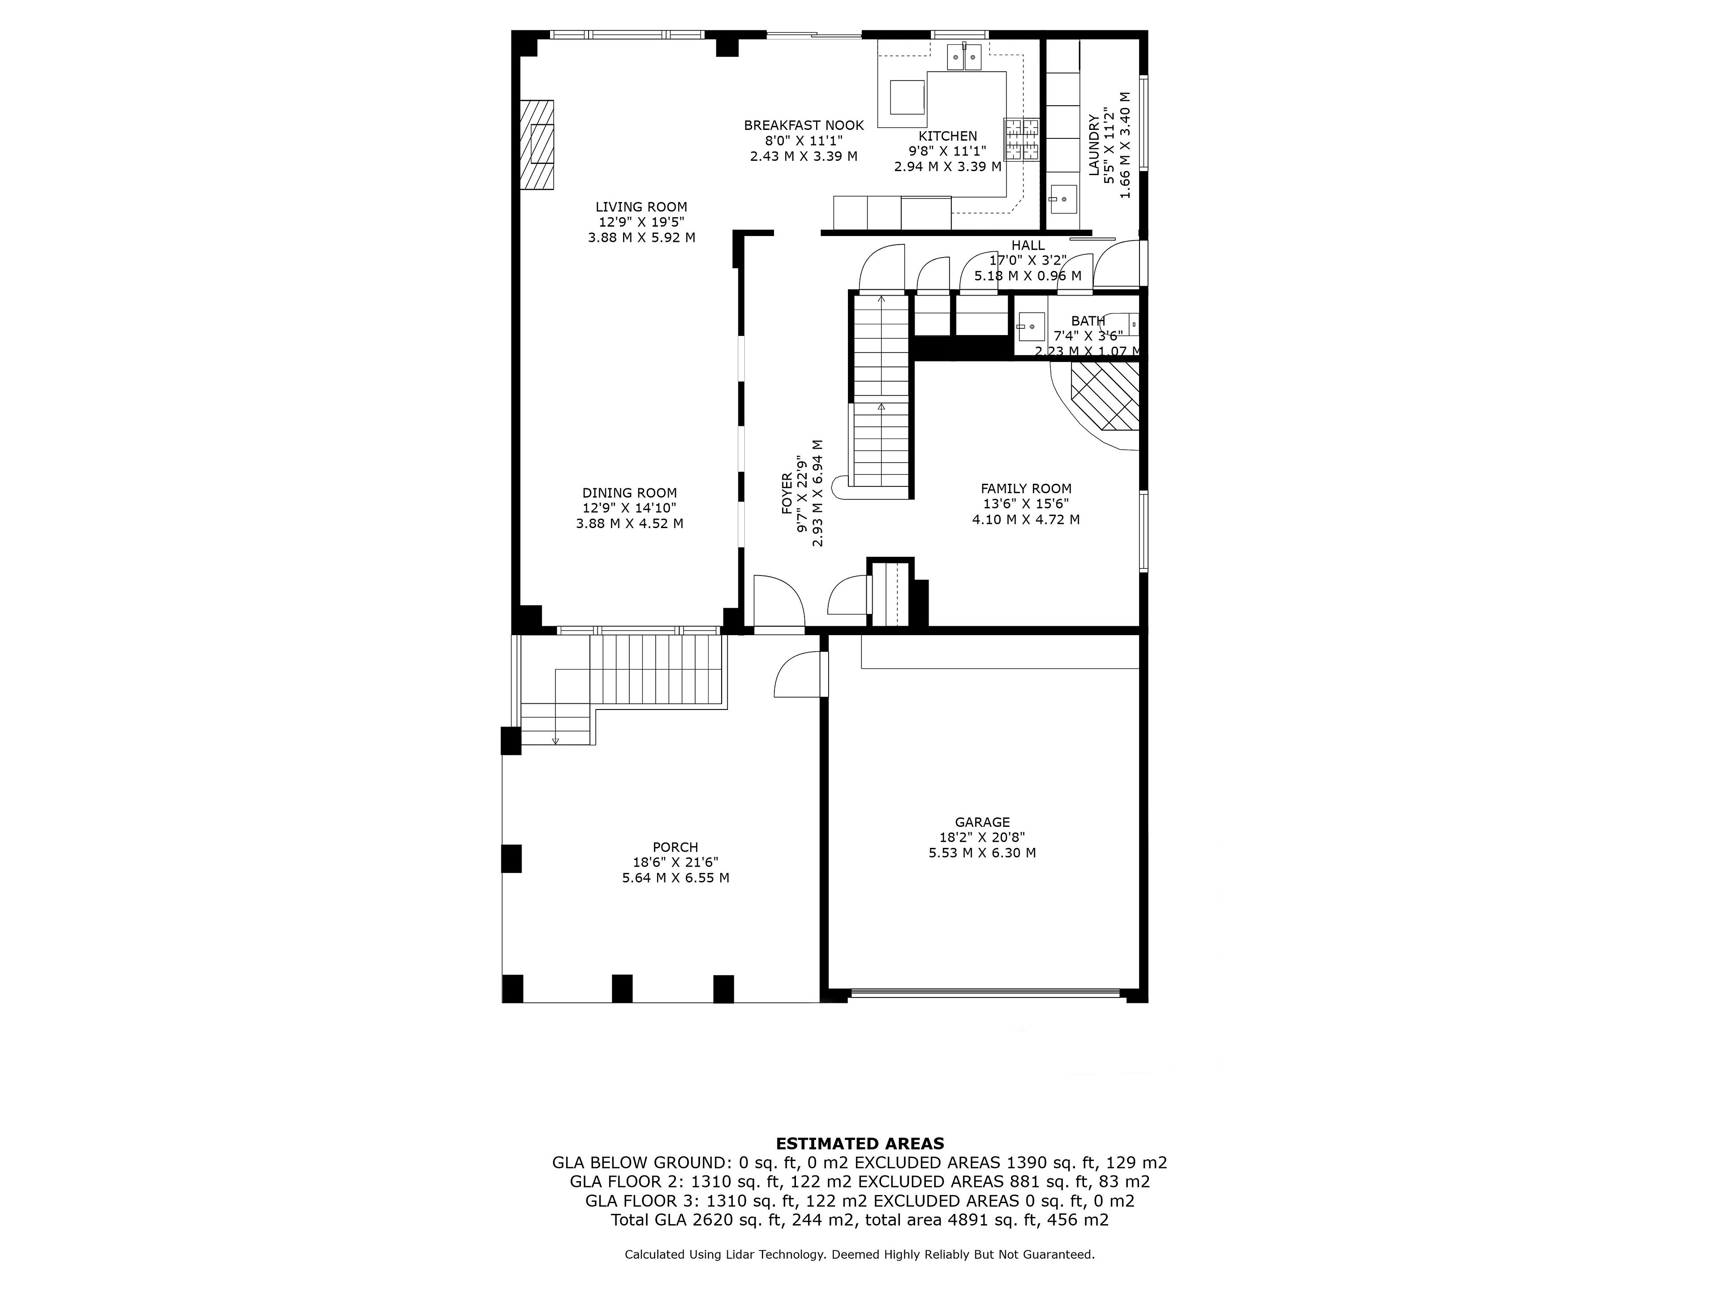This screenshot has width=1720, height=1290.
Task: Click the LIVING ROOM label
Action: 641,207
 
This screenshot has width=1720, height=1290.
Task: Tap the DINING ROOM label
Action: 630,493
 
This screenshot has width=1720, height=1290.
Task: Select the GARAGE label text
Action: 982,822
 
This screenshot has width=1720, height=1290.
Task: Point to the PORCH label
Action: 676,847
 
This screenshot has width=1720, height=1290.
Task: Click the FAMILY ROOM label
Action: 1027,488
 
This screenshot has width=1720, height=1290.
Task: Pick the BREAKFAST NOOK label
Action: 804,125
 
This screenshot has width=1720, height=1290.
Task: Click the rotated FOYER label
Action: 787,494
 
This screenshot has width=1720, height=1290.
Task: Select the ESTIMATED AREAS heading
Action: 860,1144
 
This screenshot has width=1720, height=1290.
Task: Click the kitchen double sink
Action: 964,57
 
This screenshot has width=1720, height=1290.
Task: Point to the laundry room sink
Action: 1063,198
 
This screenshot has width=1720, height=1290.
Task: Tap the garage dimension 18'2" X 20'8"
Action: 982,838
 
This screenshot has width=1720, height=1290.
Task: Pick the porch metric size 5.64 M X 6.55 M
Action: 676,878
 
